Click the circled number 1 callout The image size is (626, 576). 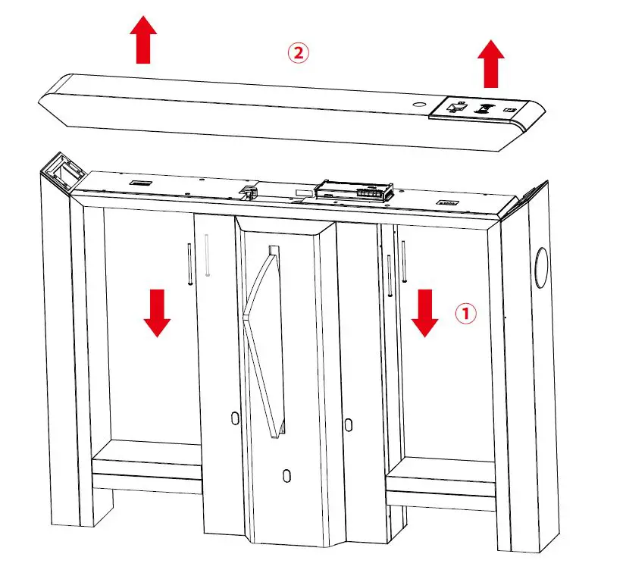coord(465,313)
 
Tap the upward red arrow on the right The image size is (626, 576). coord(491,64)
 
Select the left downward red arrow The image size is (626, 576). coord(157,312)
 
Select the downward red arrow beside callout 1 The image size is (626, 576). coord(424,312)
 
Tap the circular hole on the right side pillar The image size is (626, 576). coord(541,267)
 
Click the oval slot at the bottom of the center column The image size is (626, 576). coord(286,474)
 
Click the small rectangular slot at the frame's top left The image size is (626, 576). coord(139,183)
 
